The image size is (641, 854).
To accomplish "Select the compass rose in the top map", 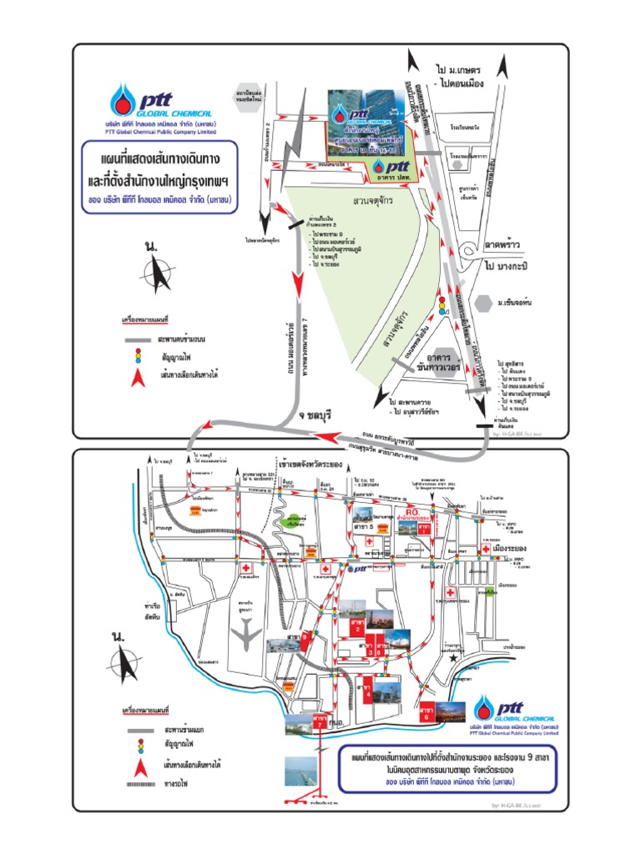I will tap(156, 270).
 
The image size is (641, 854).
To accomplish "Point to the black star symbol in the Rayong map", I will tap(452, 659).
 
